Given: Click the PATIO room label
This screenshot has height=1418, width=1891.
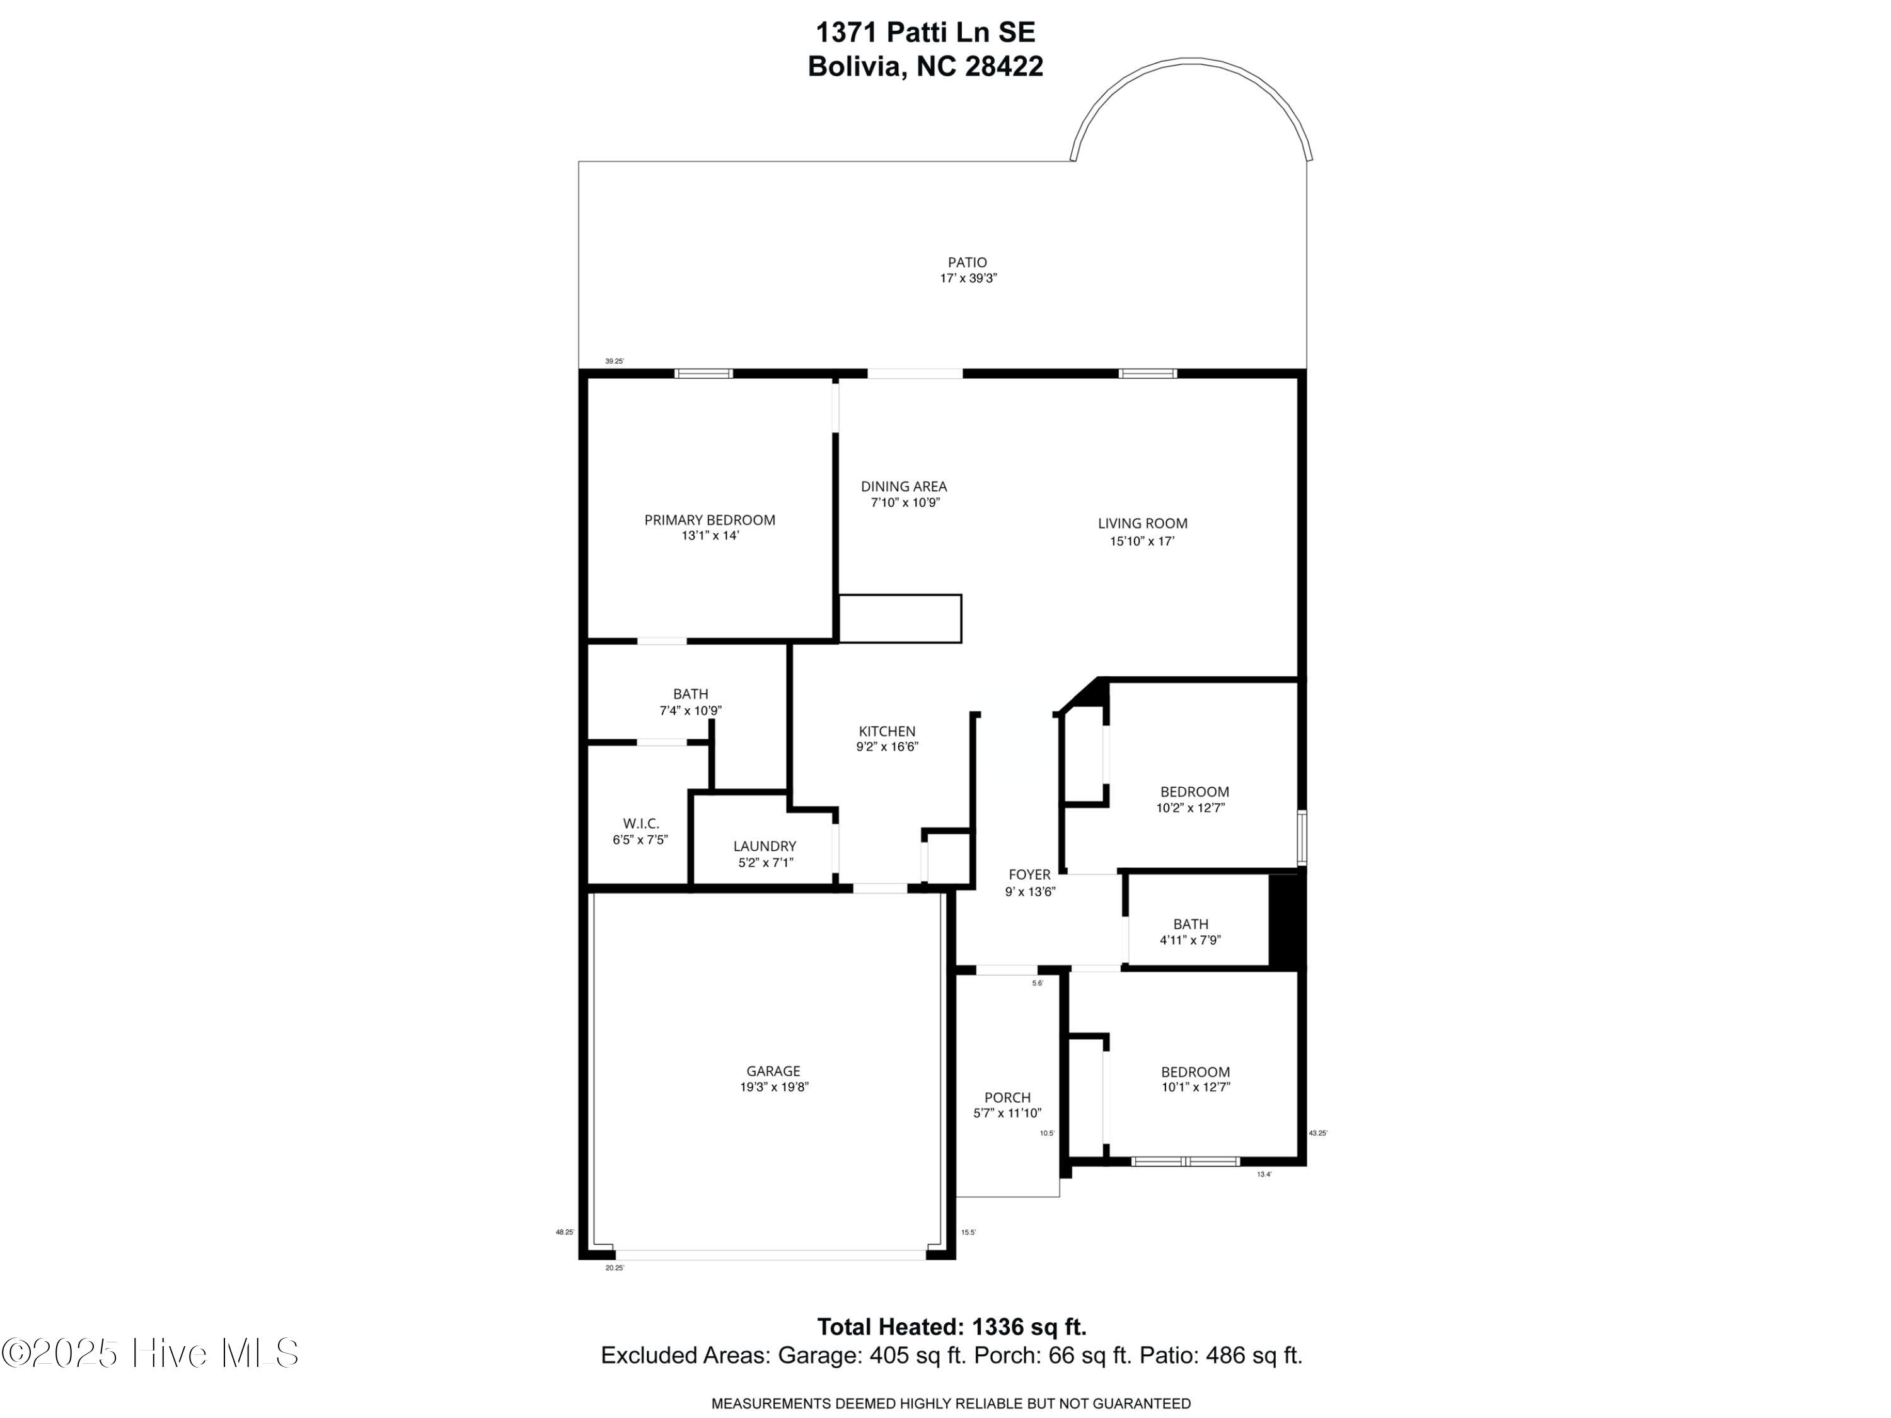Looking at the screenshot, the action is coord(967,262).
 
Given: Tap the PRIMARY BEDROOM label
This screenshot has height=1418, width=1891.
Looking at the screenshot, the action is coord(710,520).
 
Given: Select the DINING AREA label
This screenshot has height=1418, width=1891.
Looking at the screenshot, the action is coord(904,487).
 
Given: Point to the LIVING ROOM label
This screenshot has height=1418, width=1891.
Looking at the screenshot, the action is coord(1142,523).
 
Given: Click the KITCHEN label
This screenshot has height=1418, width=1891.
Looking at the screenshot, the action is coord(886,731).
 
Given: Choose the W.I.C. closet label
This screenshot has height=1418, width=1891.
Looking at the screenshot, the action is coord(640,823).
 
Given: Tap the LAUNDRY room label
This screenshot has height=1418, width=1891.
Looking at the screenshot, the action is coord(764,846).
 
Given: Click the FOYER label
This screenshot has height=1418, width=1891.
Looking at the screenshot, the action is coord(1029,874).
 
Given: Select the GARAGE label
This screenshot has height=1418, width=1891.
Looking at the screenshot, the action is coord(773,1071).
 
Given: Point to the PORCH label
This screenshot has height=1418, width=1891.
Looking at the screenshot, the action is coord(1007,1097).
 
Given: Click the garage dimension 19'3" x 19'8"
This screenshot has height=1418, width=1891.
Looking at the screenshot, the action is coord(773,1087).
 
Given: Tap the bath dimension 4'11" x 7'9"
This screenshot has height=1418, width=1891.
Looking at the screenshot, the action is coord(1190,940).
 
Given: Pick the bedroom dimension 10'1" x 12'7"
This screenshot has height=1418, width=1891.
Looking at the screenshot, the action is coord(1195,1087).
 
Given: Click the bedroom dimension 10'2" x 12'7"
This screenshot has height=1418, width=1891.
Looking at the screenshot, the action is coord(1190,808).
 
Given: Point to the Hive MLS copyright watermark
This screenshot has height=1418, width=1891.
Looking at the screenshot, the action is coord(151,1353).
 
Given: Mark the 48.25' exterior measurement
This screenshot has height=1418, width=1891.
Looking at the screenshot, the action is coord(564,1233).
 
